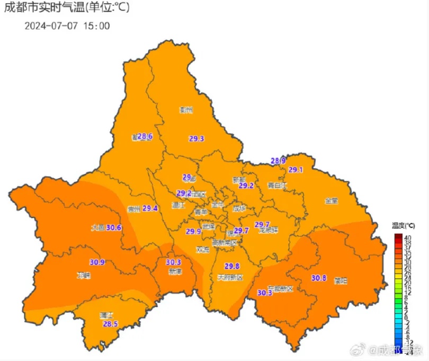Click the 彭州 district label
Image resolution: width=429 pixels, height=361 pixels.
click(x=186, y=110)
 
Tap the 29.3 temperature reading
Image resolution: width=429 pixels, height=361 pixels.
click(x=196, y=138)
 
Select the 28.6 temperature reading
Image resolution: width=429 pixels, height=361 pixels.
click(x=145, y=136)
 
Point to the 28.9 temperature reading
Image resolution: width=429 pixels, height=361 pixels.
click(x=279, y=161)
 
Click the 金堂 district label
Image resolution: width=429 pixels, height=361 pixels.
click(x=332, y=201)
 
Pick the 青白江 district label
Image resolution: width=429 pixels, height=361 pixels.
click(x=277, y=186)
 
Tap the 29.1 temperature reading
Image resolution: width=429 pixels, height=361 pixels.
click(x=296, y=170)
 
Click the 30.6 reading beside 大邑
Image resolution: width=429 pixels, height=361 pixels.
click(x=114, y=227)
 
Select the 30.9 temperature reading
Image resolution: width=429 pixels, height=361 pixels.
click(x=97, y=262)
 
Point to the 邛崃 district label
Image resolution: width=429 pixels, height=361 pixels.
click(x=84, y=276)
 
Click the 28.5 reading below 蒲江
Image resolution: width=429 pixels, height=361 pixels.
click(x=110, y=324)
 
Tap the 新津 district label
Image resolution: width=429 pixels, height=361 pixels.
click(x=175, y=271)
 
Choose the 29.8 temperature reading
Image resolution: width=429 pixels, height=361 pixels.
click(x=232, y=266)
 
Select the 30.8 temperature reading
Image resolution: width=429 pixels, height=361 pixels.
click(x=319, y=278)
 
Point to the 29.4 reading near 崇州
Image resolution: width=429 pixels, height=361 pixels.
click(x=150, y=208)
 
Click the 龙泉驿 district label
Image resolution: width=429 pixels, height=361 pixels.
click(x=268, y=230)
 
